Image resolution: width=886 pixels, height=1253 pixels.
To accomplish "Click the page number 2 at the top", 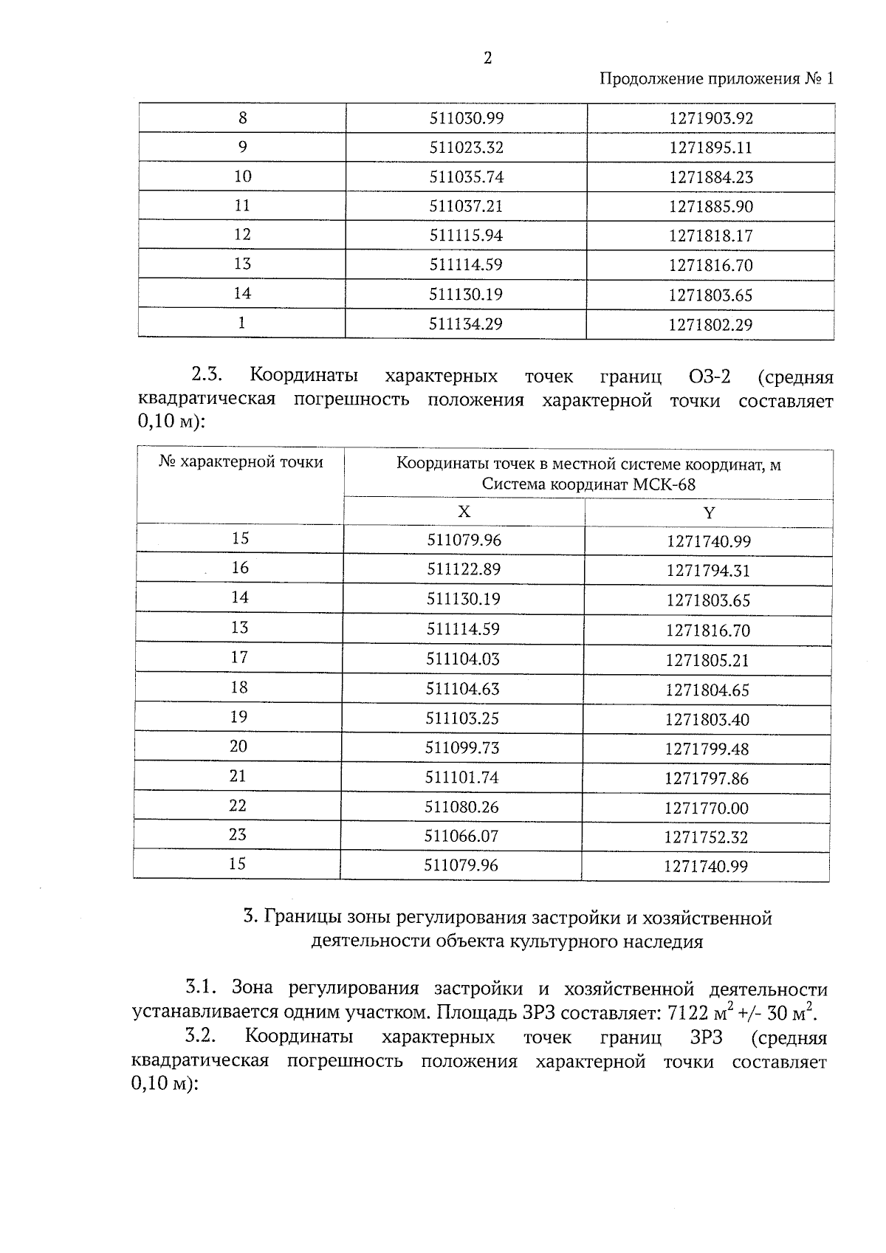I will pyautogui.click(x=487, y=59).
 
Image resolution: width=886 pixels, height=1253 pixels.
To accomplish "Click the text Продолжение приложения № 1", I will pyautogui.click(x=715, y=79).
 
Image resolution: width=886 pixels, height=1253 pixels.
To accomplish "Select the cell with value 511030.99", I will pyautogui.click(x=466, y=118).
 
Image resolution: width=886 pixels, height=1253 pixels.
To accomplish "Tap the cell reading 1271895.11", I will pyautogui.click(x=710, y=148).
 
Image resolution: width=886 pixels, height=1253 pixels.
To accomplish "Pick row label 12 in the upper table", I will pyautogui.click(x=242, y=235).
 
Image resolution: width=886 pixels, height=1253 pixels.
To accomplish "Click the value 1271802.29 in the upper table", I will pyautogui.click(x=710, y=325).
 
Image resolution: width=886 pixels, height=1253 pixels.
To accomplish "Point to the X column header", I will pyautogui.click(x=464, y=512).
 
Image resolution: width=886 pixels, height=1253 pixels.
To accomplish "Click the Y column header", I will pyautogui.click(x=709, y=513).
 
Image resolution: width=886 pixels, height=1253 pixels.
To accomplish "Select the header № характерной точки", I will pyautogui.click(x=241, y=462).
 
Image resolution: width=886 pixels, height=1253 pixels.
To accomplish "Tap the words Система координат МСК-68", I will pyautogui.click(x=588, y=485).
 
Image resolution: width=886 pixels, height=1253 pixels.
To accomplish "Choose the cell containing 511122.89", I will pyautogui.click(x=464, y=570).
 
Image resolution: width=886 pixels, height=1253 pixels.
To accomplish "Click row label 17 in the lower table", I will pyautogui.click(x=239, y=657).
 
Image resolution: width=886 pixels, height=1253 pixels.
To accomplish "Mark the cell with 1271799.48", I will pyautogui.click(x=707, y=749).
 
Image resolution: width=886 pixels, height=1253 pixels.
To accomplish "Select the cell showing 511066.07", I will pyautogui.click(x=461, y=837).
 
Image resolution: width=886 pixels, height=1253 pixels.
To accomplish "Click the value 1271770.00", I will pyautogui.click(x=706, y=809).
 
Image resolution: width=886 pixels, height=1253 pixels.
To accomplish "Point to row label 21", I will pyautogui.click(x=238, y=776).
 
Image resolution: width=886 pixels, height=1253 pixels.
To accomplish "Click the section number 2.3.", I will pyautogui.click(x=207, y=375).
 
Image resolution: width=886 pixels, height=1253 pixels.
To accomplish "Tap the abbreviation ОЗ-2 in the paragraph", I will pyautogui.click(x=709, y=377).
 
